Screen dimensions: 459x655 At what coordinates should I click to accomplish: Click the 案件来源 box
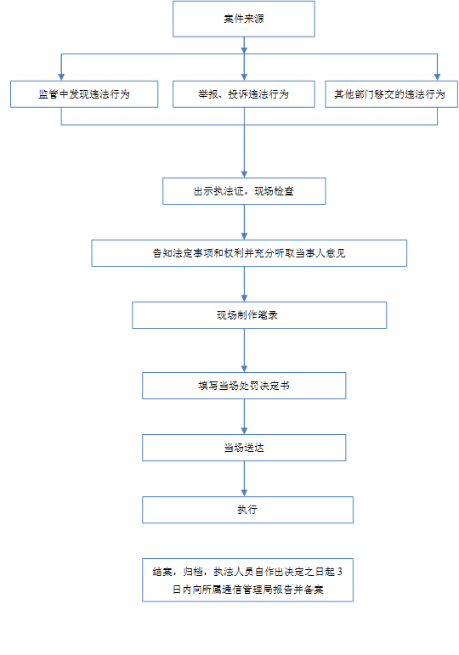[244, 19]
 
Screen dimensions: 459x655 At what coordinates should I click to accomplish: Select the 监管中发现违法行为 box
[84, 94]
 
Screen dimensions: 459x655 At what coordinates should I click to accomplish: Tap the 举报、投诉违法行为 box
[244, 94]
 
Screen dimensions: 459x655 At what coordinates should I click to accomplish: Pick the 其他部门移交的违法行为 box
[391, 94]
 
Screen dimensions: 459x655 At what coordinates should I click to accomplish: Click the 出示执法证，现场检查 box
[244, 191]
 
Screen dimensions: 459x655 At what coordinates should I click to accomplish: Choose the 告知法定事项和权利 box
[249, 253]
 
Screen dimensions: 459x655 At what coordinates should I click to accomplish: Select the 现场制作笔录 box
[259, 315]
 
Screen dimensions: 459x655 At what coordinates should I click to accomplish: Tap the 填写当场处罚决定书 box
[244, 386]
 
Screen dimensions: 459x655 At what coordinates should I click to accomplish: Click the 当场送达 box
[244, 448]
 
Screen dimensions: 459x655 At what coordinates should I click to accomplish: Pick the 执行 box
[247, 510]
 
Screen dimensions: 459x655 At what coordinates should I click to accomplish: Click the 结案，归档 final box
[247, 579]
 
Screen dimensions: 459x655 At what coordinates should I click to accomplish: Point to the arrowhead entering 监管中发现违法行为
[61, 77]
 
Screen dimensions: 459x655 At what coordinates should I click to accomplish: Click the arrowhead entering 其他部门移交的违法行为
[437, 77]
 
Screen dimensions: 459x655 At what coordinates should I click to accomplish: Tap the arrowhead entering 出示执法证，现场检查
[244, 174]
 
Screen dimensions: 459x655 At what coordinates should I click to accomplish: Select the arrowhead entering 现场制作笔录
[244, 298]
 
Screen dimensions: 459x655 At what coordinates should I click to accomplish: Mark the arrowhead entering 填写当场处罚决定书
[244, 369]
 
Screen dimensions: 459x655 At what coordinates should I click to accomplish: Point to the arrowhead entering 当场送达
[244, 431]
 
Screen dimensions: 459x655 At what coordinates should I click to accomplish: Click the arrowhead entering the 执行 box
[244, 493]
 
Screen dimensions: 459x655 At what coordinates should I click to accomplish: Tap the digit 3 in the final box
[340, 572]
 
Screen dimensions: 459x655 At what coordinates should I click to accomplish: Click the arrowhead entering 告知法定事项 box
[244, 236]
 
